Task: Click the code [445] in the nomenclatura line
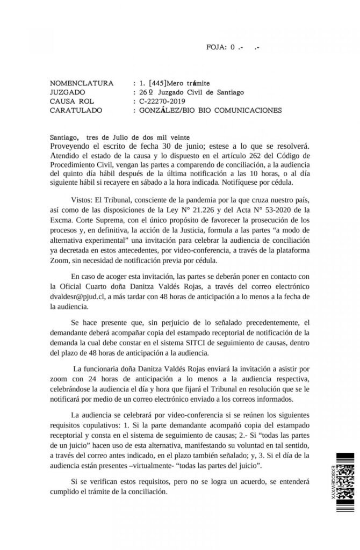click(157, 83)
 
